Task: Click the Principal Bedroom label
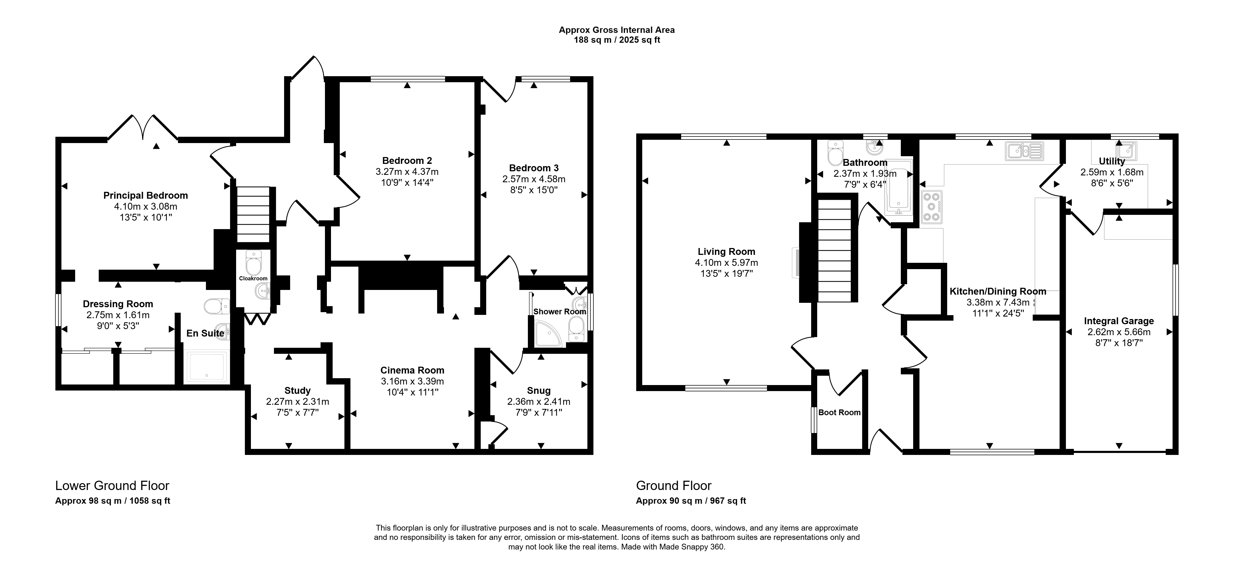(146, 195)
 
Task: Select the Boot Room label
(839, 412)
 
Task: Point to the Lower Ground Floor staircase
(253, 215)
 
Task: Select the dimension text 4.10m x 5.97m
(726, 262)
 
